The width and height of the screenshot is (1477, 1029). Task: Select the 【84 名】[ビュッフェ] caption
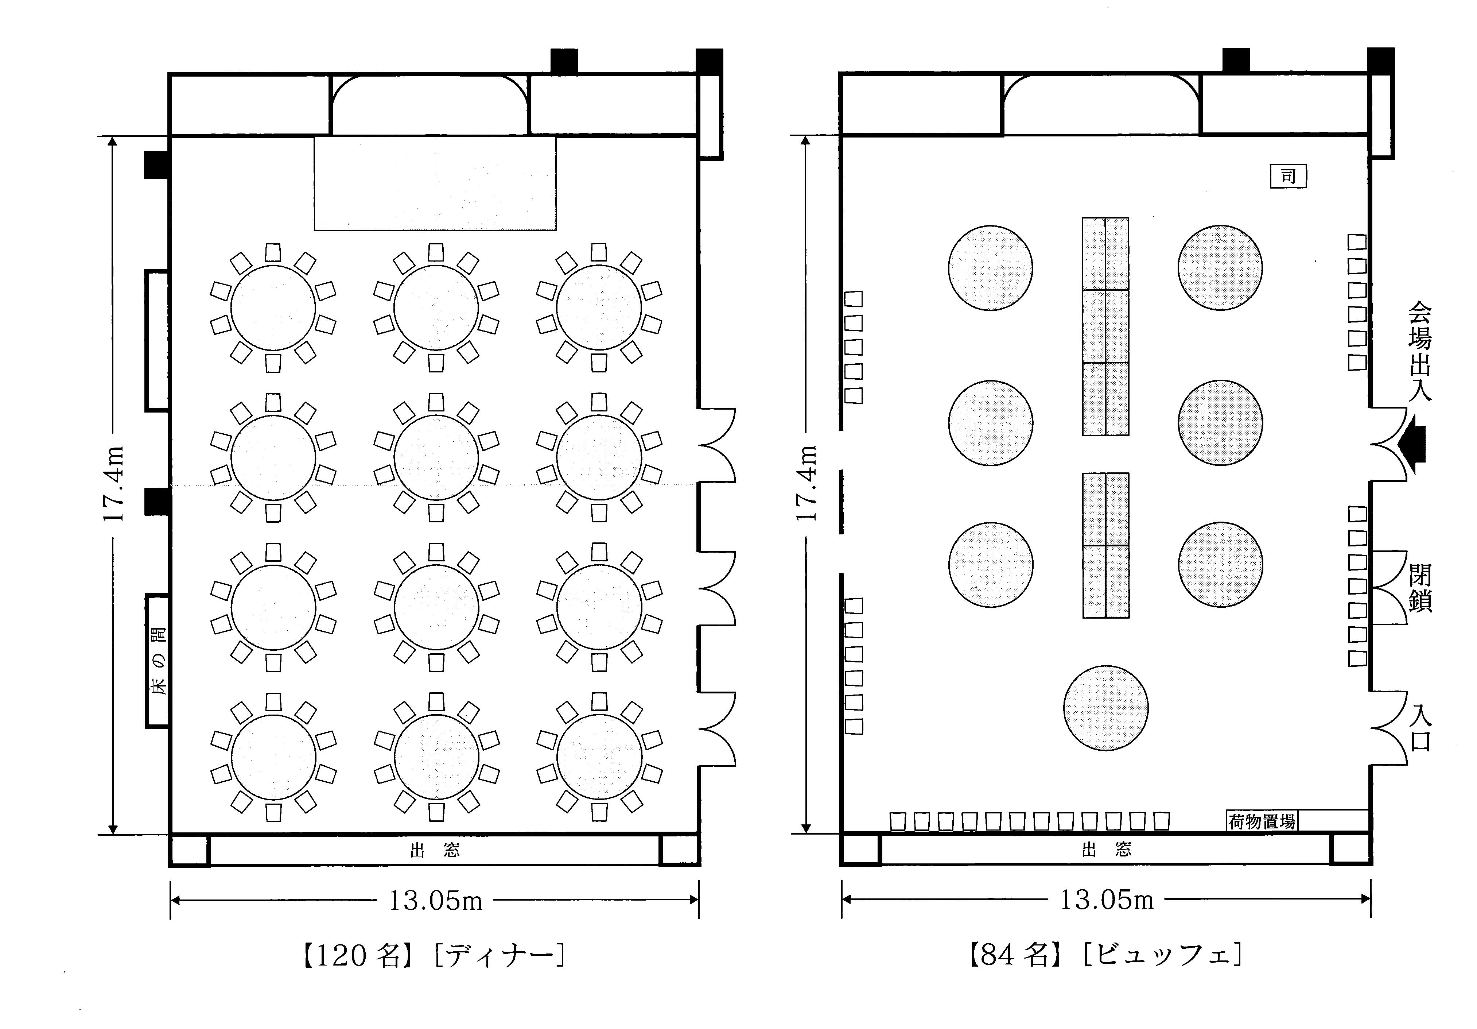pyautogui.click(x=1105, y=954)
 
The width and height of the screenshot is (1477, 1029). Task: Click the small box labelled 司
pyautogui.click(x=1288, y=176)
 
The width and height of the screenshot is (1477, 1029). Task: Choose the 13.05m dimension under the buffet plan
pyautogui.click(x=1107, y=900)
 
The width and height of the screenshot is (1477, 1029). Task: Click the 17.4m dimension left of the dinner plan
pyautogui.click(x=113, y=483)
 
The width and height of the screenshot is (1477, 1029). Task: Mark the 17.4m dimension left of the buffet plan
pyautogui.click(x=805, y=483)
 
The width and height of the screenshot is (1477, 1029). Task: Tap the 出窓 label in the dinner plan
pyautogui.click(x=435, y=851)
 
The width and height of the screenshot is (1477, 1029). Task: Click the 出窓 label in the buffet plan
pyautogui.click(x=1107, y=850)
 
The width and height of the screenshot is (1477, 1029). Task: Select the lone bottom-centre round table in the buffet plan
pyautogui.click(x=1106, y=708)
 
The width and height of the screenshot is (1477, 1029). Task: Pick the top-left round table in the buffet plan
pyautogui.click(x=991, y=268)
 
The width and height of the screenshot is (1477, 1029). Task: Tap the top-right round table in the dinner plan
pyautogui.click(x=599, y=307)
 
